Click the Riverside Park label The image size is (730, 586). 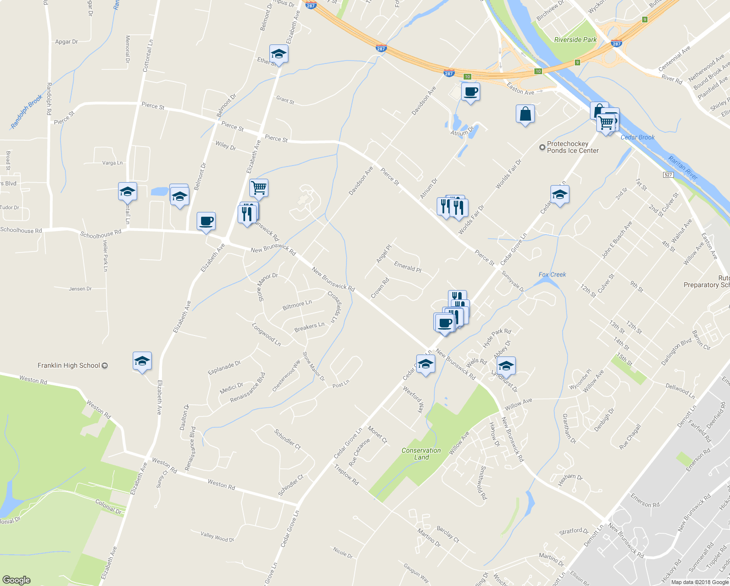click(575, 40)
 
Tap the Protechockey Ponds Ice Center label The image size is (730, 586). click(572, 147)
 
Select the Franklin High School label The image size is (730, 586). click(69, 365)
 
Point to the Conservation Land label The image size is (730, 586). click(421, 454)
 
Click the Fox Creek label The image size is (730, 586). click(552, 274)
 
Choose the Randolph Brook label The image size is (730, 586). click(26, 112)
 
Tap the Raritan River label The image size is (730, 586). click(683, 167)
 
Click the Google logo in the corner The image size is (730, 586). click(17, 580)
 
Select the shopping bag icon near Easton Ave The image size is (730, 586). click(525, 114)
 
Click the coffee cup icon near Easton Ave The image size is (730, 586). click(470, 91)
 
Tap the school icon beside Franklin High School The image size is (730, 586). click(142, 361)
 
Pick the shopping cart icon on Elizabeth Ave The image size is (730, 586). click(259, 188)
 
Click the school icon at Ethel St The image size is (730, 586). click(279, 54)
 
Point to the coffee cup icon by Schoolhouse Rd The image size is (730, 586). click(206, 221)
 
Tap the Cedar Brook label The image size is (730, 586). click(637, 137)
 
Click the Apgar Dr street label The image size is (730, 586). click(66, 42)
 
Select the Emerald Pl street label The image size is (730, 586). click(407, 267)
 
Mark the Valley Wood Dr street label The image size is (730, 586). click(217, 537)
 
